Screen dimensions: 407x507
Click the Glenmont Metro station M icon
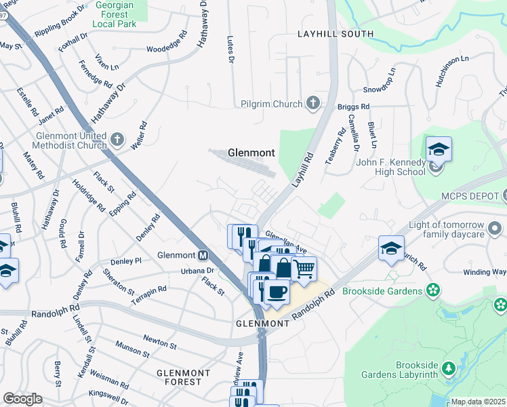[202, 256]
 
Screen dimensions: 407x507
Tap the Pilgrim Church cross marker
[312, 104]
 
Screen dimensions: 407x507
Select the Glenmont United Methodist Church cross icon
[118, 140]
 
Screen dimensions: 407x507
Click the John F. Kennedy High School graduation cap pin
[439, 150]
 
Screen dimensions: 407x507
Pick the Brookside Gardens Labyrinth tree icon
[448, 368]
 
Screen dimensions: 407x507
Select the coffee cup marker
[276, 292]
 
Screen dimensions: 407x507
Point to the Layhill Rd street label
[303, 168]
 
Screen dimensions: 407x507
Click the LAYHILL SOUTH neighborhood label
[335, 34]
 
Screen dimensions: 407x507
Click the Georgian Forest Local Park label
[124, 14]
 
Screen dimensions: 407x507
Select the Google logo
[22, 399]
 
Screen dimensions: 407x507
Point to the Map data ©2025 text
[478, 402]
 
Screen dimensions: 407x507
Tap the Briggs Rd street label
[353, 106]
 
